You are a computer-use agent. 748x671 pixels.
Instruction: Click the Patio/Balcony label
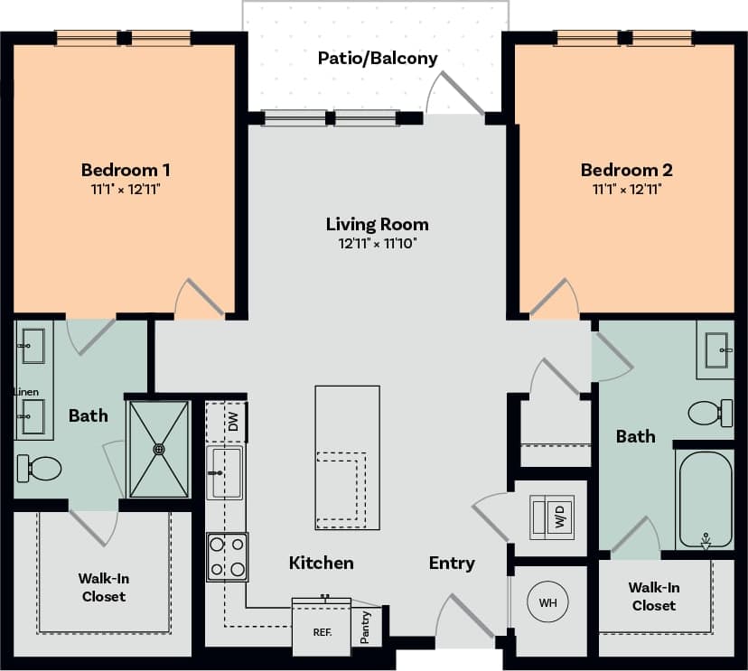point(378,59)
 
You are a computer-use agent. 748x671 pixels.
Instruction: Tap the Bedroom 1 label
point(126,170)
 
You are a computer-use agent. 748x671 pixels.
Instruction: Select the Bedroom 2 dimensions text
point(626,190)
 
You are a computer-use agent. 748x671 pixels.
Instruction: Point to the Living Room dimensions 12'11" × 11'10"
point(378,243)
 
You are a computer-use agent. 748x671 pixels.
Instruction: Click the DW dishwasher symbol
point(232,422)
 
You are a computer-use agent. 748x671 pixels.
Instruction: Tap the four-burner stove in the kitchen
point(228,556)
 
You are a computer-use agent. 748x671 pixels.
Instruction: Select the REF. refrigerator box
point(322,631)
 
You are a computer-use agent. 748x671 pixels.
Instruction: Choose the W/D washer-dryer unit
point(551,517)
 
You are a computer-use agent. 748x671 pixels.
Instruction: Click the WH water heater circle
point(547,602)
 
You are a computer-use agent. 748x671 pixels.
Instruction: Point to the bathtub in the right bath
point(706,499)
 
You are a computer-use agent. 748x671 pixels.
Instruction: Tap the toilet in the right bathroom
point(710,413)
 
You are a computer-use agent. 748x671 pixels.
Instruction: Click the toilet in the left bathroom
point(39,468)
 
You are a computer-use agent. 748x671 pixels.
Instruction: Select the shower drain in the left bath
point(160,448)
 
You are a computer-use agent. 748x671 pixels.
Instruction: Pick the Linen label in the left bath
point(26,392)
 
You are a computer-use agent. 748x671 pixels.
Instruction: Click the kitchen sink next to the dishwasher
point(224,472)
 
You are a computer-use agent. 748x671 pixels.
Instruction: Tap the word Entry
point(452,564)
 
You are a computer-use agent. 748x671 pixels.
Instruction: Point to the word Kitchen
point(321,564)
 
